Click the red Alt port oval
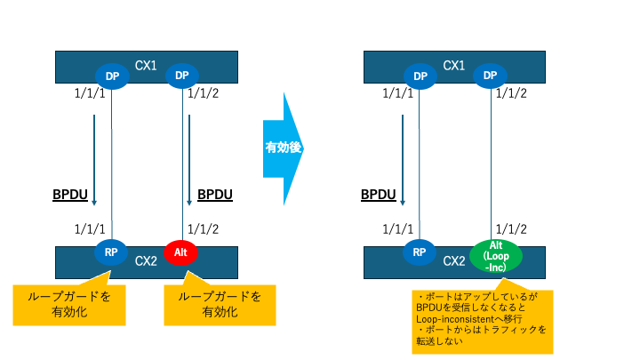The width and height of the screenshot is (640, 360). pyautogui.click(x=180, y=253)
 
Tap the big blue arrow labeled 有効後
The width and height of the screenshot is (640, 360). pyautogui.click(x=284, y=148)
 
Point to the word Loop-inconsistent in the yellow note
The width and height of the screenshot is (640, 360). pyautogui.click(x=461, y=316)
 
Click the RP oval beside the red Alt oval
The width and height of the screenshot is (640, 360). pyautogui.click(x=112, y=252)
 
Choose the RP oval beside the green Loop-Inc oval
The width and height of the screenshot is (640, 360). pyautogui.click(x=420, y=252)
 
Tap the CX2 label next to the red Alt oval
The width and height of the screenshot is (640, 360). pyautogui.click(x=147, y=260)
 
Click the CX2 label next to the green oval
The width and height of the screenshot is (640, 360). pyautogui.click(x=454, y=260)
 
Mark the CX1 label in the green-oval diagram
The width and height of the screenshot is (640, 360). pyautogui.click(x=453, y=65)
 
